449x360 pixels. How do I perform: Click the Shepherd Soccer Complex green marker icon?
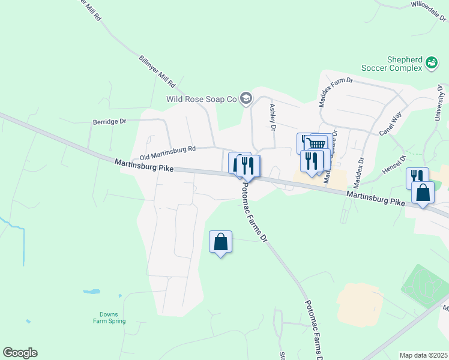432,62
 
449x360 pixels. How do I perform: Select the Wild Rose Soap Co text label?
202,99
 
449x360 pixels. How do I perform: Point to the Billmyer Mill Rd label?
157,71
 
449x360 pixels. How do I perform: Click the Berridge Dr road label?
109,121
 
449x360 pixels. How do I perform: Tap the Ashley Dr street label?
273,117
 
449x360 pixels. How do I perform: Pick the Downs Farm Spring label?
109,317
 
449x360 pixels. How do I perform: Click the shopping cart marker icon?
316,144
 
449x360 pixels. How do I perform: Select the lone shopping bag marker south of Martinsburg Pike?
220,242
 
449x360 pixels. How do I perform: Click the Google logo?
20,353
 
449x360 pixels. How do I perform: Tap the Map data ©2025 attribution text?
424,355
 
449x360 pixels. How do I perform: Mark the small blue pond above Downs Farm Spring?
91,292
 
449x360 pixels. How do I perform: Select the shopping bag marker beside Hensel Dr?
423,193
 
